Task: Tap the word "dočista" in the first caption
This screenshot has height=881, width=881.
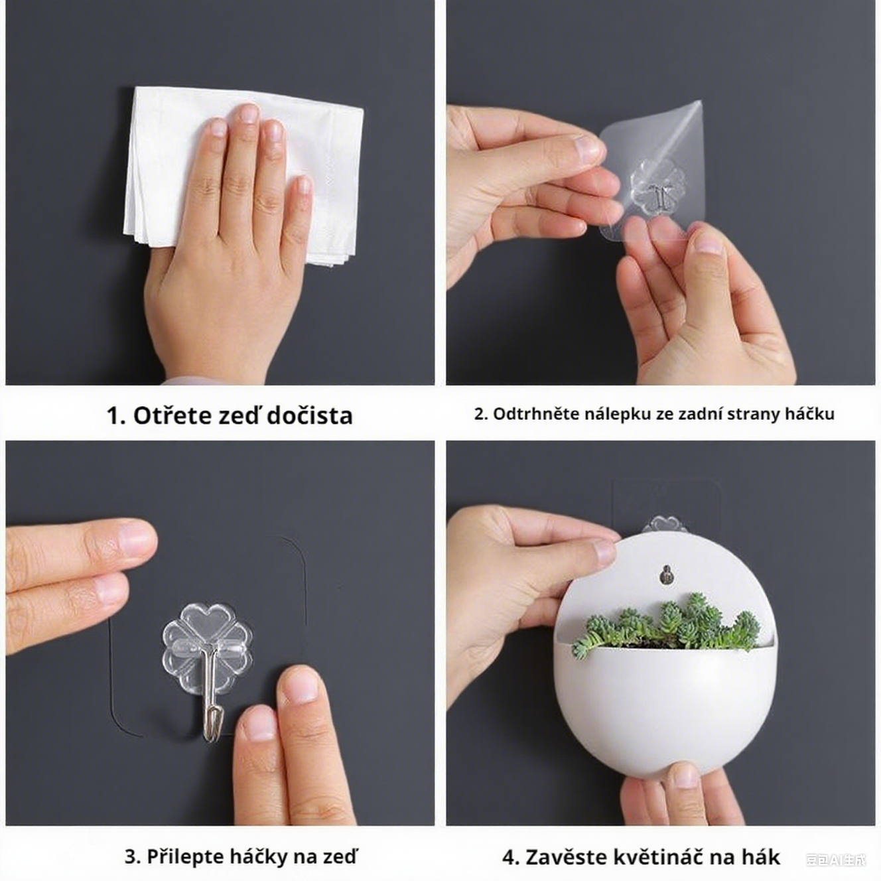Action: [x=310, y=415]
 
